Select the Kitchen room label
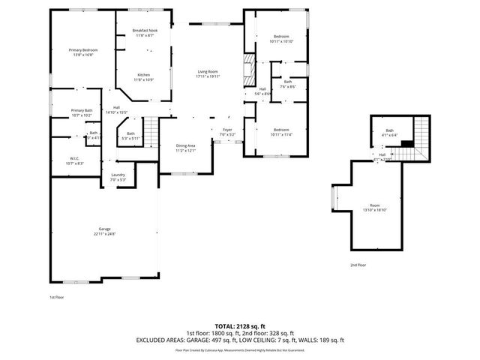click(144, 76)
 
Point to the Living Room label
click(207, 73)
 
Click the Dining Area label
click(185, 148)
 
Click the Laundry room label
click(118, 177)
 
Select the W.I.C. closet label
click(75, 160)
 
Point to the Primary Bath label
click(82, 113)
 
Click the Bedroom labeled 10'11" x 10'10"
click(281, 39)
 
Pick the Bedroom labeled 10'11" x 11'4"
click(281, 132)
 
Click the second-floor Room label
click(375, 208)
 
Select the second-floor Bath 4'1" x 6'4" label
click(390, 133)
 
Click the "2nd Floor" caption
click(358, 265)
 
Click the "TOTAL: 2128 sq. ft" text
click(239, 325)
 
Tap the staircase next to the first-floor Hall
click(152, 132)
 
